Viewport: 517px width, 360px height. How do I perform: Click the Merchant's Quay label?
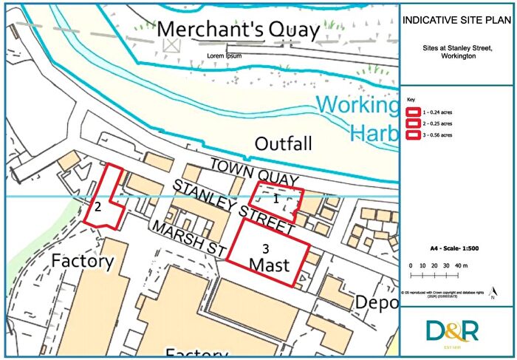239,30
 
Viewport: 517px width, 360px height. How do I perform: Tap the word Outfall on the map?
284,143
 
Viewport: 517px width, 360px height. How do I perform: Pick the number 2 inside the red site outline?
97,207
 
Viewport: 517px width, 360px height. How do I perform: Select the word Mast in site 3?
268,264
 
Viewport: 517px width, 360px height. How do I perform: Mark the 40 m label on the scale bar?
462,265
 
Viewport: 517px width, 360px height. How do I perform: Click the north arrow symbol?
493,294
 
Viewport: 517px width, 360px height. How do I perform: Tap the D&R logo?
452,330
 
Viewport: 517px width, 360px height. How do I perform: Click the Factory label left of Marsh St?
82,261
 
